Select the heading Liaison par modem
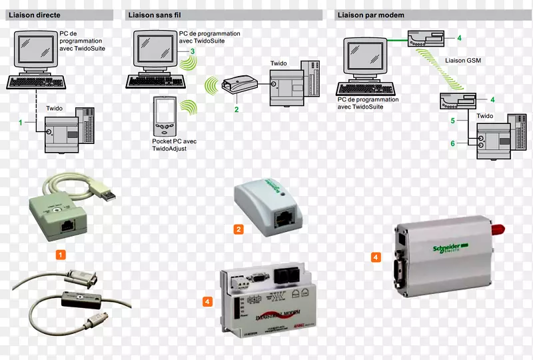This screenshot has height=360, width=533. click(370, 15)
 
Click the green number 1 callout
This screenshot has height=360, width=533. click(21, 123)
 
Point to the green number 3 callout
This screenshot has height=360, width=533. click(193, 51)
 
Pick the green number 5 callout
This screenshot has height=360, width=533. click(452, 121)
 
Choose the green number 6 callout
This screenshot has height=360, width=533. click(452, 143)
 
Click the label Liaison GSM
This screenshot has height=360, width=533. click(462, 61)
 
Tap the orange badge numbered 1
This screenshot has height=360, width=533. click(61, 255)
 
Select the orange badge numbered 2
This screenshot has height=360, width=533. click(238, 229)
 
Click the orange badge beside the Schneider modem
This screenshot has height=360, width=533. click(376, 257)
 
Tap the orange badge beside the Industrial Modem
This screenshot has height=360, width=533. click(207, 302)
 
